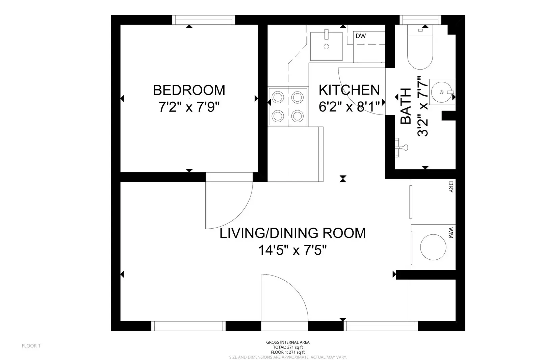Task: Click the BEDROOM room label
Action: pos(189,90)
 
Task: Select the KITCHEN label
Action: pos(349,90)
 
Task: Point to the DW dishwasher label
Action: pos(360,36)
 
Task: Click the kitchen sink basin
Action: pos(326,46)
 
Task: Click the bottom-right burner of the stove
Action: pos(298,116)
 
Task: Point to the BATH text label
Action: pos(406,106)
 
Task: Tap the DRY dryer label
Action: pos(451,187)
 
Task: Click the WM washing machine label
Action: pos(451,233)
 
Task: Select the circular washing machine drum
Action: pos(433,247)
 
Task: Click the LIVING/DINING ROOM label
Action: pos(292,233)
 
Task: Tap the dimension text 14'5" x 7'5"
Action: pos(292,250)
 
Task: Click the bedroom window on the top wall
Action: pos(203,20)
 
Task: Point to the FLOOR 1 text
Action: pos(31,345)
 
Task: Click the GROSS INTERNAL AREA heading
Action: pos(288,342)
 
